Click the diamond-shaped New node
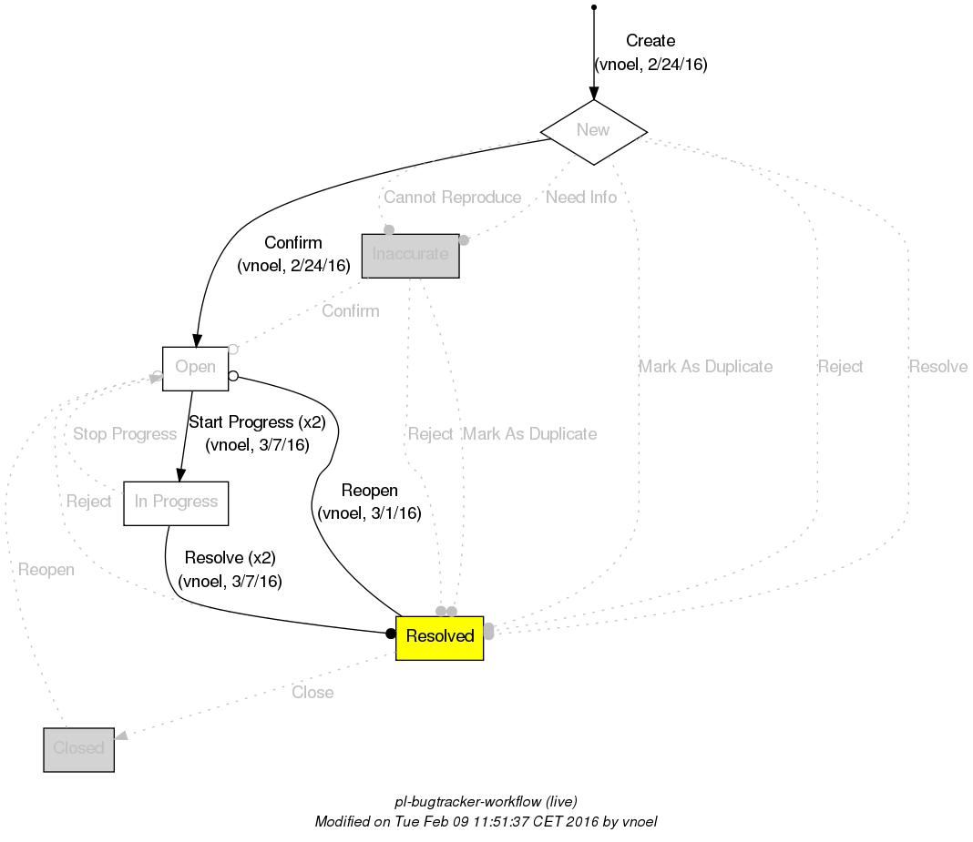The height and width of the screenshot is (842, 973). (593, 130)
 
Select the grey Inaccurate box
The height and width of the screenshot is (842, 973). (410, 255)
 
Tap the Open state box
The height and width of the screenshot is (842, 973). (195, 368)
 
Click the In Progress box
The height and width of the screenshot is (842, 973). (176, 502)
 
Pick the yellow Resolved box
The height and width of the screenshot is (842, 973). (439, 636)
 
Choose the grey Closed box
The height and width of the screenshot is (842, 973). (78, 749)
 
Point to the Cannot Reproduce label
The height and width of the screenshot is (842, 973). (452, 198)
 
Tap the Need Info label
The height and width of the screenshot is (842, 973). (580, 198)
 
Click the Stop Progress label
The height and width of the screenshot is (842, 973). (124, 434)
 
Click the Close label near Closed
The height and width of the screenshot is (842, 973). (312, 693)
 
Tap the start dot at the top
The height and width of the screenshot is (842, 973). (594, 7)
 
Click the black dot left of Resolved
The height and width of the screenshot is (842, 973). (391, 634)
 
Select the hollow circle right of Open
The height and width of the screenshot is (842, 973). (233, 375)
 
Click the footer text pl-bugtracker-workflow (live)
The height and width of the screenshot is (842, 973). (486, 802)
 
